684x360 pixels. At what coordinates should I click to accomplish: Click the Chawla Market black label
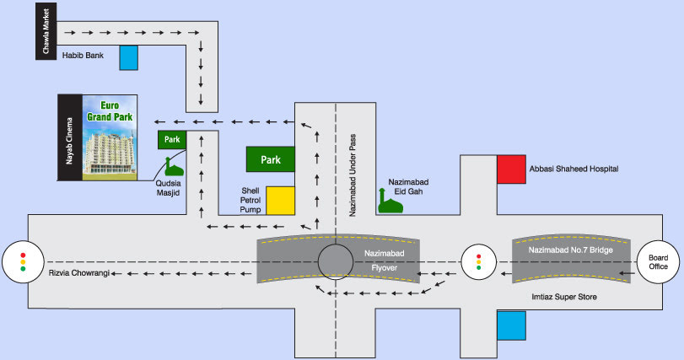(x=46, y=31)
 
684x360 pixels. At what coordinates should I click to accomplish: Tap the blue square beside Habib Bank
(x=129, y=57)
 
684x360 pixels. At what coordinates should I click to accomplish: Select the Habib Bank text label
(x=83, y=56)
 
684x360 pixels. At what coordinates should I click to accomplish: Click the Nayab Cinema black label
(x=70, y=137)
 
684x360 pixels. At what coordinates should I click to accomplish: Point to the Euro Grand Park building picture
(x=110, y=137)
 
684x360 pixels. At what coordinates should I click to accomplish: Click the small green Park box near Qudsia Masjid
(x=172, y=139)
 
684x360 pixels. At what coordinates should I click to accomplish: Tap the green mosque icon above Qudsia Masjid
(x=174, y=166)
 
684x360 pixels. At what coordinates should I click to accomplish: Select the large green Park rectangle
(x=271, y=159)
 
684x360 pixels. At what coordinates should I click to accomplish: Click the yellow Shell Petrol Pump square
(x=281, y=201)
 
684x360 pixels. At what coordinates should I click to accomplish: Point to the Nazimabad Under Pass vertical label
(x=353, y=175)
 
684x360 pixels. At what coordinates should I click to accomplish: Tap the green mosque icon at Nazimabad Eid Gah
(x=390, y=201)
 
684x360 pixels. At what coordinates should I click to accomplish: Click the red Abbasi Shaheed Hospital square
(x=511, y=169)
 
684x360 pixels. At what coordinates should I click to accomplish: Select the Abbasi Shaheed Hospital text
(x=574, y=169)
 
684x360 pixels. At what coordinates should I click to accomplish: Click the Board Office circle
(x=658, y=262)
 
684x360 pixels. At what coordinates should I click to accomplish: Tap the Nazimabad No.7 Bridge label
(x=571, y=250)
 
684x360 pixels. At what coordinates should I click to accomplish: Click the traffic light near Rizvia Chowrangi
(x=23, y=262)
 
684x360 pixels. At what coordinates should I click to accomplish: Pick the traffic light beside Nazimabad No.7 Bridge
(x=478, y=262)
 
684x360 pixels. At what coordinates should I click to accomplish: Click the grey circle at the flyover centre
(x=336, y=262)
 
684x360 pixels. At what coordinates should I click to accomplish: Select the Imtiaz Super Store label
(x=564, y=297)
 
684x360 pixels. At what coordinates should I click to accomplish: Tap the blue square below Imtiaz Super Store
(x=511, y=325)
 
